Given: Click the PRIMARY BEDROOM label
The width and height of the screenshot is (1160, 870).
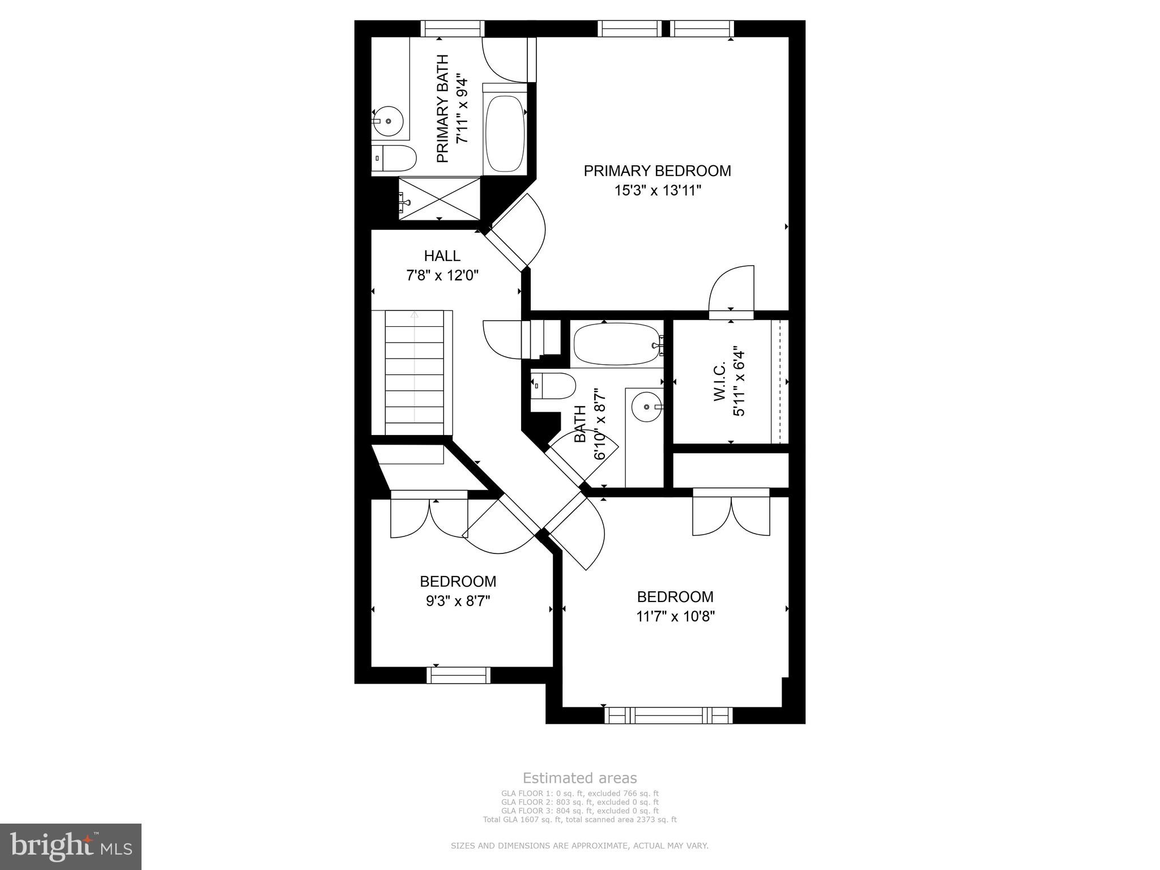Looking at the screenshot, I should coord(657,170).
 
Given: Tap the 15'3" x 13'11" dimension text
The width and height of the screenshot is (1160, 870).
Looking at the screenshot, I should coord(658,191).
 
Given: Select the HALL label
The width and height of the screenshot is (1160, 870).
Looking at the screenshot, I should coord(442,256).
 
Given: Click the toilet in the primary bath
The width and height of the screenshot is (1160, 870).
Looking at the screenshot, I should coord(394,159).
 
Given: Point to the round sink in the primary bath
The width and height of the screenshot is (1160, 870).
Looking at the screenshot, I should coord(387,121).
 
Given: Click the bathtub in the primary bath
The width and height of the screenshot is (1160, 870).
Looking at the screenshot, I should coord(505,134).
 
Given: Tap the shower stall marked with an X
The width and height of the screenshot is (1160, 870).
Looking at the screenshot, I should coord(440,198).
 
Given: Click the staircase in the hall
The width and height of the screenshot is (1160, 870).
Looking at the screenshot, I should coord(414,374).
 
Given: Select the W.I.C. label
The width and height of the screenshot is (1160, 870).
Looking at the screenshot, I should coord(720,382).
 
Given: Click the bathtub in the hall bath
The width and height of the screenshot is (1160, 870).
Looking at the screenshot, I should coord(617,345).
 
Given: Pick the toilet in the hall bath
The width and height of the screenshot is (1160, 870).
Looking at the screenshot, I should coord(554,386).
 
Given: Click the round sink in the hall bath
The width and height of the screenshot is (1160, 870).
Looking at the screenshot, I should coord(646,406).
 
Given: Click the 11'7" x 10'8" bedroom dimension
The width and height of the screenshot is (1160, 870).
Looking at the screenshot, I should coord(675,616).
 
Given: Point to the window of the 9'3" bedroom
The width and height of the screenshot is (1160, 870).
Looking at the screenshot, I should coord(458,675).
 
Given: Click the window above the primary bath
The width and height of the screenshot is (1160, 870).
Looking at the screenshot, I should coord(453,28).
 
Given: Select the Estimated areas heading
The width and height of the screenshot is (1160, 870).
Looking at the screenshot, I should coord(579,778).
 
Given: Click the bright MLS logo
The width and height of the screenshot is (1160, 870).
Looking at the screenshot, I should coord(71,846).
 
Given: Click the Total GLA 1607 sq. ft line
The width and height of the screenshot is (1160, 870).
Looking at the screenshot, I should coord(579,819).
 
